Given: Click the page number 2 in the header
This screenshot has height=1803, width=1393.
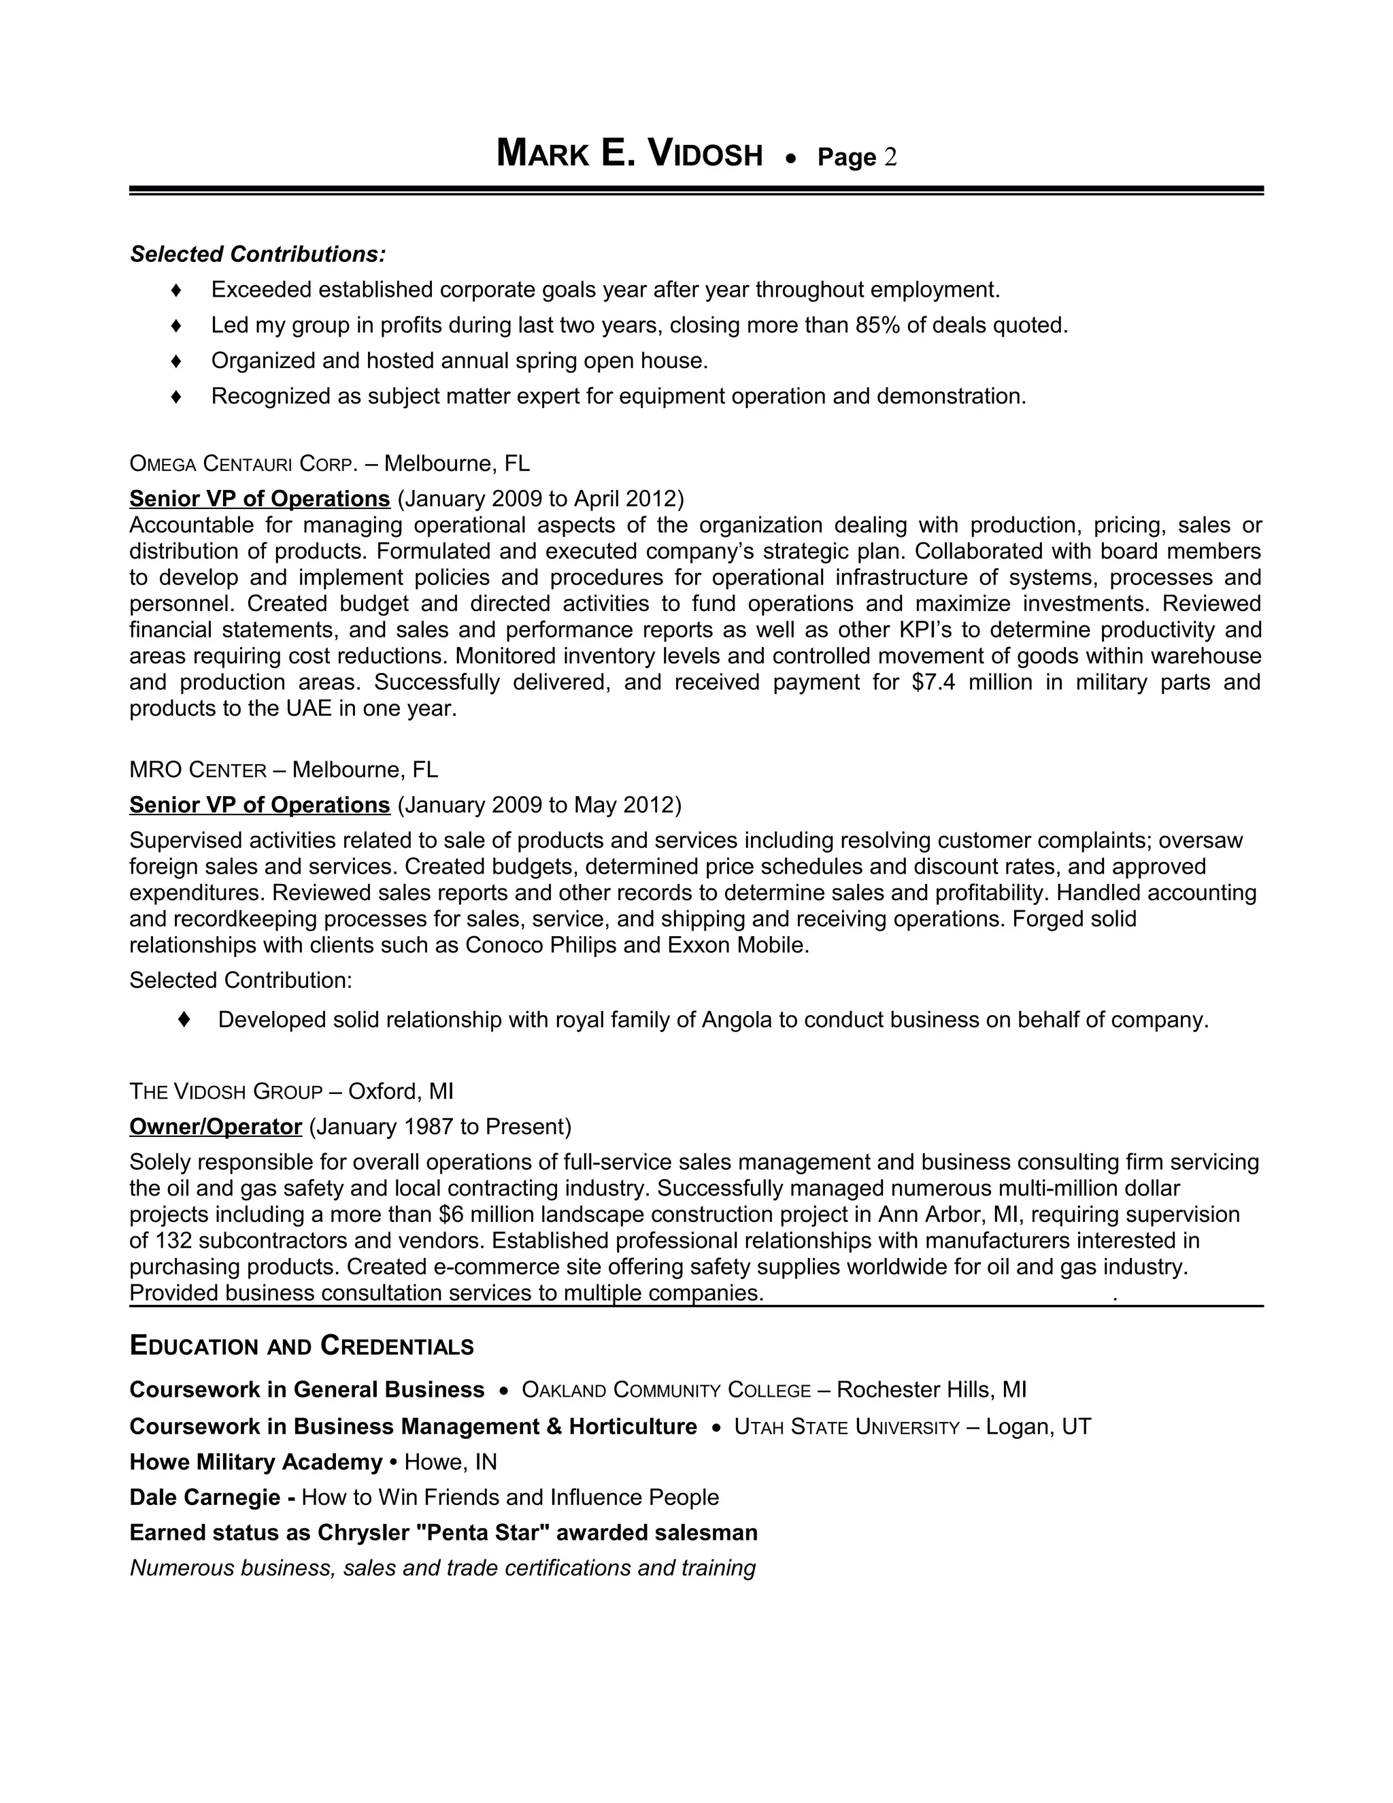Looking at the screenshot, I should click(890, 157).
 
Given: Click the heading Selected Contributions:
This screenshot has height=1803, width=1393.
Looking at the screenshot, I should click(258, 254).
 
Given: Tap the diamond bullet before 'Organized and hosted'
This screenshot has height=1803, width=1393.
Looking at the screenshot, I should click(175, 361).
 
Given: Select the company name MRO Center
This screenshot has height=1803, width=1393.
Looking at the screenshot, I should click(197, 770).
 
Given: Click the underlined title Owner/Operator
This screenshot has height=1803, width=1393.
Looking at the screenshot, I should click(216, 1127).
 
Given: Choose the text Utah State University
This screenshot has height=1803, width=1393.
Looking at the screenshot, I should click(847, 1427).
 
